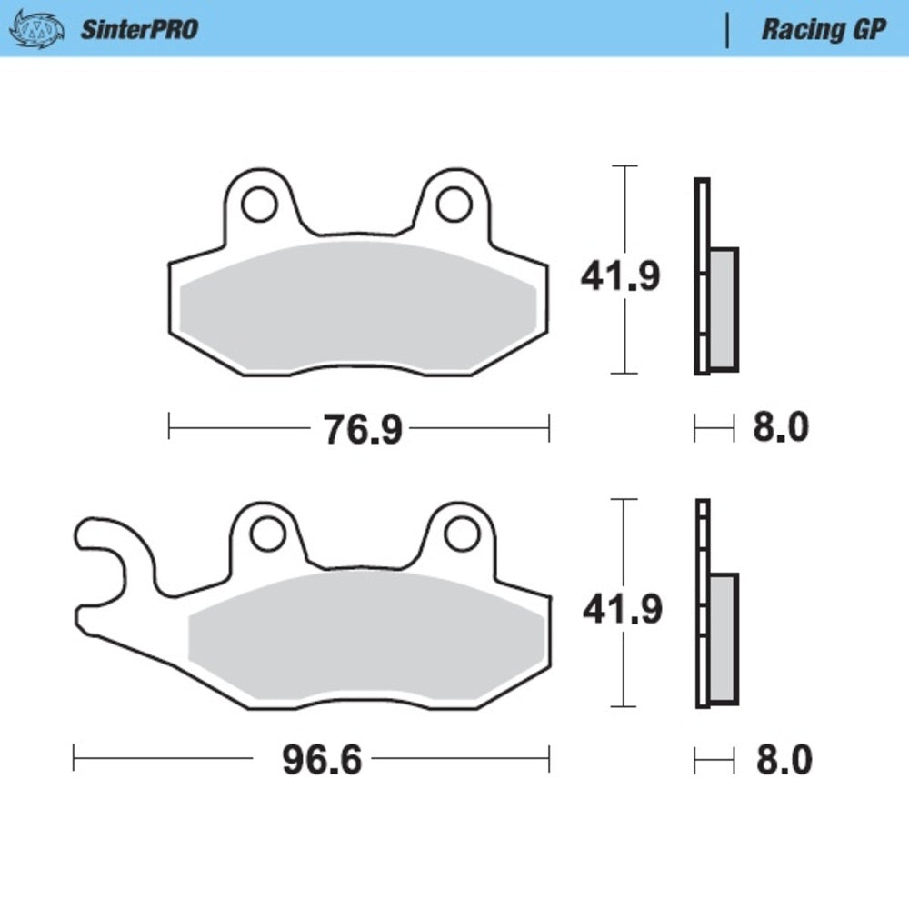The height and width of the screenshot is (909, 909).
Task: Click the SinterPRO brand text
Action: [139, 29]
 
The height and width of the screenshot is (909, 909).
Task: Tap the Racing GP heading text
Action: [823, 29]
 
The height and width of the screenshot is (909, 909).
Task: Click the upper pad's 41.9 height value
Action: [621, 277]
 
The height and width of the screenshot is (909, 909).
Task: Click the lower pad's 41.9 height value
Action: [622, 610]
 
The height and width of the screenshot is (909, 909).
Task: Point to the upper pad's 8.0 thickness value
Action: [780, 427]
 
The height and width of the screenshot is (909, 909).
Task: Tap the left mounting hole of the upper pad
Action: [260, 205]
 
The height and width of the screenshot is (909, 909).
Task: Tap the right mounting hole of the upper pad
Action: [453, 205]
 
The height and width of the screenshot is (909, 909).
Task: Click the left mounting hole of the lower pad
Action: [267, 534]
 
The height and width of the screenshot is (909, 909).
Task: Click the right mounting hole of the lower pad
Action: [461, 534]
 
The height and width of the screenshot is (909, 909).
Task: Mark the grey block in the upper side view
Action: [724, 309]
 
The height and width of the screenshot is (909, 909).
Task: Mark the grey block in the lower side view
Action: [724, 638]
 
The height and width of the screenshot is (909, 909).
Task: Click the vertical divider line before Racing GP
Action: [726, 29]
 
